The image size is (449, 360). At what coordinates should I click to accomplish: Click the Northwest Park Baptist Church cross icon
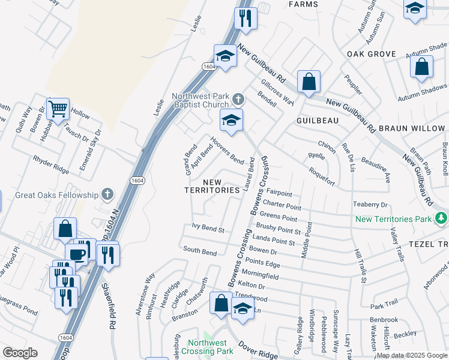tap(238, 98)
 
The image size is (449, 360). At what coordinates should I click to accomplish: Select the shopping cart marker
tap(58, 109)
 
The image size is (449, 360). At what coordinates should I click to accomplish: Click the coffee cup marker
tap(77, 254)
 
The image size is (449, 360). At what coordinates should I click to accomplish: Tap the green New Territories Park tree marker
tap(442, 217)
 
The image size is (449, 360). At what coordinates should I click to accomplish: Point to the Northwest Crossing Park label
tap(209, 347)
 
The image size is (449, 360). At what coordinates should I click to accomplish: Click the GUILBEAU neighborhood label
tap(318, 121)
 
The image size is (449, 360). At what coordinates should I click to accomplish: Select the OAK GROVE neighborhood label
tap(372, 54)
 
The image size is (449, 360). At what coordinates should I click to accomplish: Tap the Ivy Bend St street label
tap(208, 229)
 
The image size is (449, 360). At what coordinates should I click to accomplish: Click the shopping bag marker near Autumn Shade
tap(422, 67)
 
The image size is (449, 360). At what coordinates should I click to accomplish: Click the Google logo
tap(20, 353)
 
